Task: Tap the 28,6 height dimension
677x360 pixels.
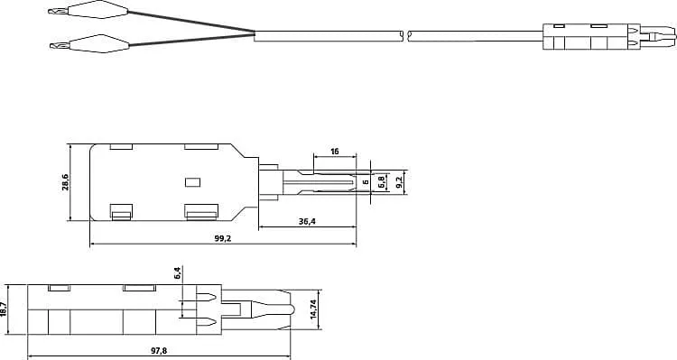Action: pyautogui.click(x=65, y=183)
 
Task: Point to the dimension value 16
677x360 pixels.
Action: pyautogui.click(x=335, y=152)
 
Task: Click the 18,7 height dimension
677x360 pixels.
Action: pyautogui.click(x=5, y=309)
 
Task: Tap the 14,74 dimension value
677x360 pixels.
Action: pyautogui.click(x=313, y=309)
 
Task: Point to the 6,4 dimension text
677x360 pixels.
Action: pyautogui.click(x=178, y=272)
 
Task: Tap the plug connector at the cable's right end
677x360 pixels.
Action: pyautogui.click(x=607, y=37)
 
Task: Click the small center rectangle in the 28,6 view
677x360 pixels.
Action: pyautogui.click(x=191, y=182)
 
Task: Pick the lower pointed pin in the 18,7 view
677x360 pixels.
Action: pyautogui.click(x=205, y=323)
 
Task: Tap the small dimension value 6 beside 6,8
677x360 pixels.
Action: pyautogui.click(x=366, y=182)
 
